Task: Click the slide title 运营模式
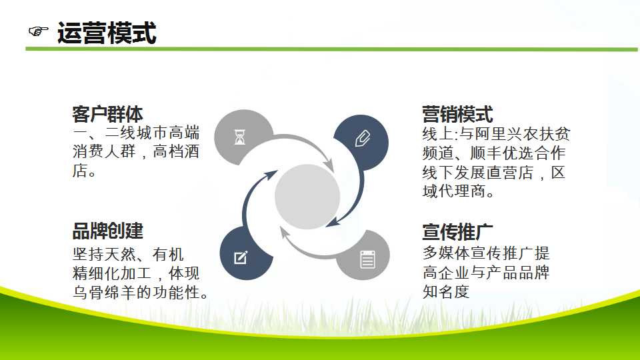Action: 107,33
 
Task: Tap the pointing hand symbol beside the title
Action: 39,31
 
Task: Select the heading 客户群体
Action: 108,114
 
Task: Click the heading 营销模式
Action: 457,114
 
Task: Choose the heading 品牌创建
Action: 108,231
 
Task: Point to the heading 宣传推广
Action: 457,232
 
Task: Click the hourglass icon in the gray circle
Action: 240,137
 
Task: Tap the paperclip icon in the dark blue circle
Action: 363,139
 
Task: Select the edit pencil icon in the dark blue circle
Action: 241,257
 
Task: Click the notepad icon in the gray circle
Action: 367,259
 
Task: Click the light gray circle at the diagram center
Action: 307,196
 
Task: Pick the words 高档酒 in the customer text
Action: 176,151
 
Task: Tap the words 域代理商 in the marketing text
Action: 453,191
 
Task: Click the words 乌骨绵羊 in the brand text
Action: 104,292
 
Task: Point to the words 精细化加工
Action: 112,273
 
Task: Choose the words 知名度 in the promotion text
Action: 446,291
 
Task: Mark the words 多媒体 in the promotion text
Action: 446,253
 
